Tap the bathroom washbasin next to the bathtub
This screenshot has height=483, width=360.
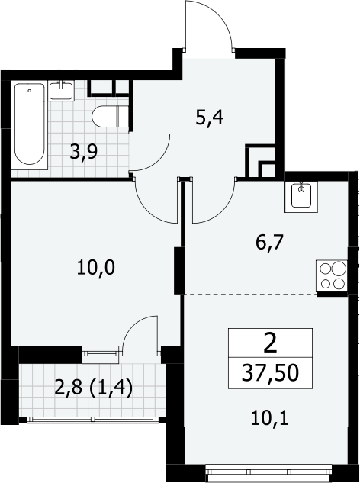(61, 90)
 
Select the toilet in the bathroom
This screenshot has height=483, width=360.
(110, 116)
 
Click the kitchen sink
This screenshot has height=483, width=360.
(301, 197)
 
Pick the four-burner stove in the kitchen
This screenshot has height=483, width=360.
(332, 275)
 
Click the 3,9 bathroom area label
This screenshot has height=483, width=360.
(83, 152)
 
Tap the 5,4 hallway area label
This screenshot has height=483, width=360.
(210, 118)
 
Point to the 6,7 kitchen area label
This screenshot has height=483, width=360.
(269, 243)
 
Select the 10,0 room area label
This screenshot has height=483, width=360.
(96, 267)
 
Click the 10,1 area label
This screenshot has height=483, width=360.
(270, 419)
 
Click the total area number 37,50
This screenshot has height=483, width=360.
(270, 372)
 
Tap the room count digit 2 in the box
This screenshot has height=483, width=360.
(271, 344)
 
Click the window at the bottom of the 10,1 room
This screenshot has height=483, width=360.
(268, 472)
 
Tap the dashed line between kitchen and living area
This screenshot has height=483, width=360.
(250, 295)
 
